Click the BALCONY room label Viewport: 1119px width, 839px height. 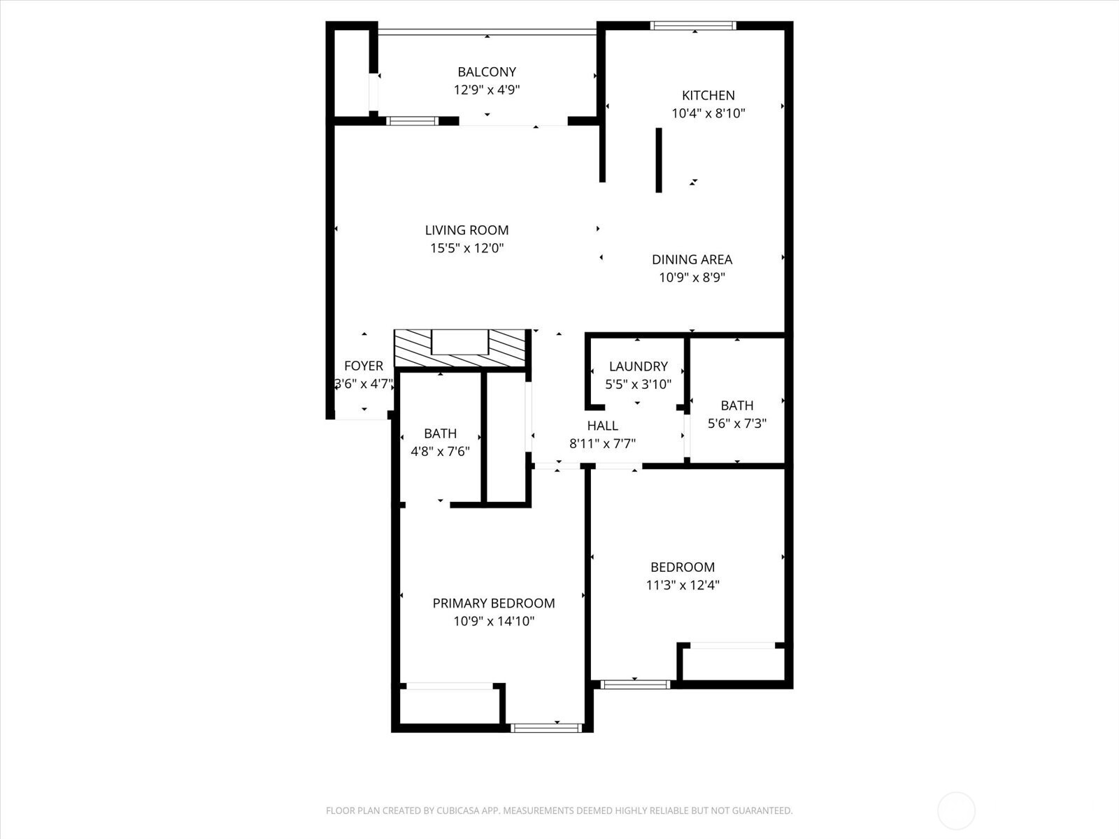click(487, 72)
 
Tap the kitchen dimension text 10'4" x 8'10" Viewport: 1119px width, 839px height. click(708, 113)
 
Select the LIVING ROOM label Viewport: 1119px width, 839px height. click(466, 230)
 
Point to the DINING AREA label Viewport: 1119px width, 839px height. click(692, 259)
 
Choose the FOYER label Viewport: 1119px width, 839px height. click(364, 366)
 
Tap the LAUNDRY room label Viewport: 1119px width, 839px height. click(638, 366)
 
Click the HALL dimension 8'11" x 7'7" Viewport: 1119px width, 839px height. click(602, 443)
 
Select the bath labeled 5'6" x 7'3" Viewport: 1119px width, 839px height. click(736, 414)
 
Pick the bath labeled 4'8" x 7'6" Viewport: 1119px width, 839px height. click(440, 443)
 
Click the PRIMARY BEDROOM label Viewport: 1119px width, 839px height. click(494, 603)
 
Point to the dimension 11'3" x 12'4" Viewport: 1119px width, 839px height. click(683, 585)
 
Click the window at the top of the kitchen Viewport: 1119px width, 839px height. click(693, 26)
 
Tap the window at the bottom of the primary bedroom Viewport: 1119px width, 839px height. click(546, 728)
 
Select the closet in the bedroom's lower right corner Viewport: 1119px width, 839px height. click(733, 664)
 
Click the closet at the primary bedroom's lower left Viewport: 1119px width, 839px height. click(449, 706)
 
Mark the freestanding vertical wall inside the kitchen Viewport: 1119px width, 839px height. click(658, 160)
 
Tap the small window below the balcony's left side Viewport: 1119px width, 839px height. click(412, 121)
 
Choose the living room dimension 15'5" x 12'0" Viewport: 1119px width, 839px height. click(466, 248)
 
